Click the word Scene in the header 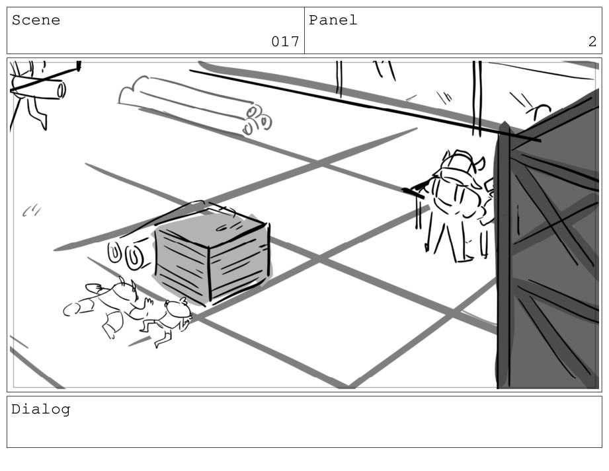pyautogui.click(x=36, y=20)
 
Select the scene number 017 pyautogui.click(x=285, y=41)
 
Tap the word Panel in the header pyautogui.click(x=333, y=20)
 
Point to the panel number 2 pyautogui.click(x=592, y=41)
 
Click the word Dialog pyautogui.click(x=41, y=410)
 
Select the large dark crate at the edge pyautogui.click(x=548, y=240)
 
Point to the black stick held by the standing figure pyautogui.click(x=414, y=192)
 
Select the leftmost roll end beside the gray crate pyautogui.click(x=114, y=252)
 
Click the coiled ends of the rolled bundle pyautogui.click(x=257, y=120)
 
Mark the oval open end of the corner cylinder pyautogui.click(x=61, y=91)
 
